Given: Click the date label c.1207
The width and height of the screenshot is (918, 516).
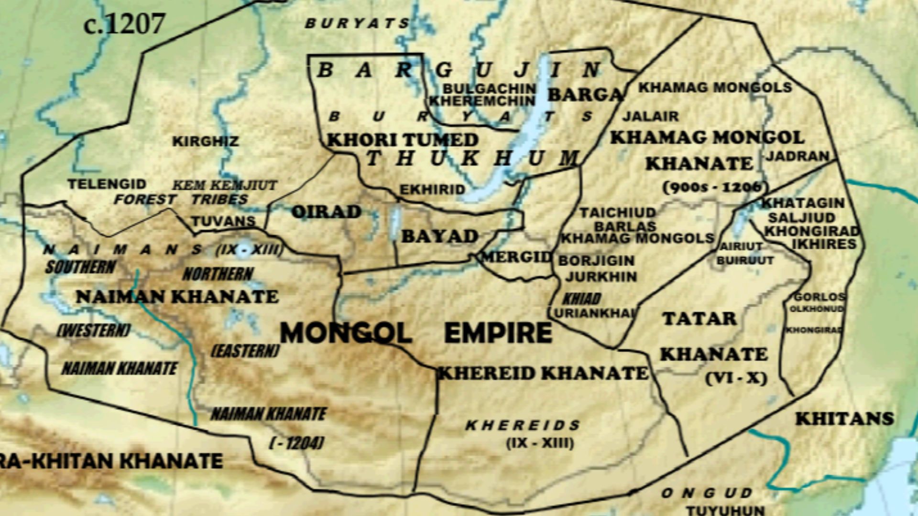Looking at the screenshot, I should coord(124,24).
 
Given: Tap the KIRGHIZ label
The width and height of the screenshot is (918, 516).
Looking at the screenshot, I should coord(205,141).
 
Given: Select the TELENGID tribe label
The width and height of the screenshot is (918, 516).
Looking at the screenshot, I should coord(107,184).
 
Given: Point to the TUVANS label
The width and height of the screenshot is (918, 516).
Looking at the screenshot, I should coord(223,221).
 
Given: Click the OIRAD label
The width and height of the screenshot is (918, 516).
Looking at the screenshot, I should coord(326,212).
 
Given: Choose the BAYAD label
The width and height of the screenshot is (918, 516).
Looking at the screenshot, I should coord(439,236).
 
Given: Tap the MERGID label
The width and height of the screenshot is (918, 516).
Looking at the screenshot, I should coord(516,257).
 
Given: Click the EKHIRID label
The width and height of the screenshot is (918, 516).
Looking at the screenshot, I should coord(432,190).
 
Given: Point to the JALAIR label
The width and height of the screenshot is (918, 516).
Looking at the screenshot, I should coord(650,116).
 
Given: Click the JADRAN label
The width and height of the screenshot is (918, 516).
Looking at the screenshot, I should coord(798,156).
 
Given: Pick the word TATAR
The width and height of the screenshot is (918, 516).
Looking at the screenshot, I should coord(699,319).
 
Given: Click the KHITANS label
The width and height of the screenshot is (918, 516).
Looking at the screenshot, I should coord(844,419).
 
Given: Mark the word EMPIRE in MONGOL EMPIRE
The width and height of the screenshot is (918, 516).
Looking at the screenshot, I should coord(498,333).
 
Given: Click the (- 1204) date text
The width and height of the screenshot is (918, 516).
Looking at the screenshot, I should coord(296,443).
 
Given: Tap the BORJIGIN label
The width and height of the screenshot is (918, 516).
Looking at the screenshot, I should coord(596,261).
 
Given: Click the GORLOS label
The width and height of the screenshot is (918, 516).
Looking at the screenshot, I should coord(819,297).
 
